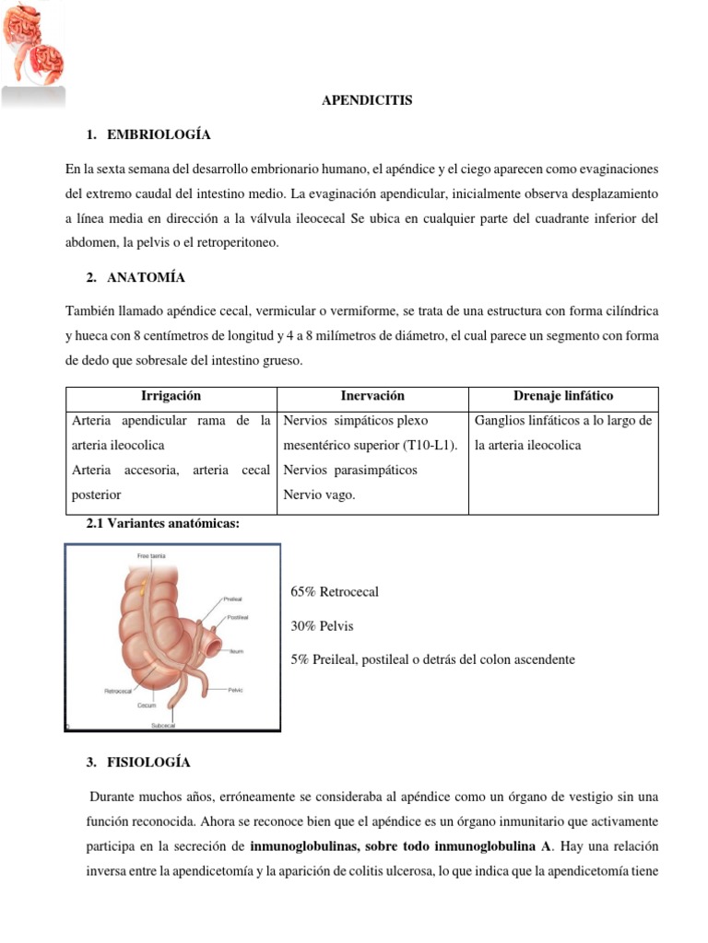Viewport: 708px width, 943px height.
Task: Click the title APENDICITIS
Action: [x=367, y=100]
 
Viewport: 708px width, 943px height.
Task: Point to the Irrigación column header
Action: [x=171, y=396]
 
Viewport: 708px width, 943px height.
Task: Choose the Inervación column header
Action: [x=372, y=396]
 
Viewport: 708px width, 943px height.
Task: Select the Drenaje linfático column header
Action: [x=562, y=396]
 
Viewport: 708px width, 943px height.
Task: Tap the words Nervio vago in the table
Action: [x=318, y=495]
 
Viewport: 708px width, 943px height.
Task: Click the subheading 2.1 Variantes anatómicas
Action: [x=162, y=523]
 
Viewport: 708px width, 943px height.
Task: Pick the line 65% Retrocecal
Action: [x=334, y=592]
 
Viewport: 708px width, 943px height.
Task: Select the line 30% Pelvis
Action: [x=321, y=626]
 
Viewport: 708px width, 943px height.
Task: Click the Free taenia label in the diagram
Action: [x=151, y=557]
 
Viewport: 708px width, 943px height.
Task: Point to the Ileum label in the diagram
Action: [x=236, y=650]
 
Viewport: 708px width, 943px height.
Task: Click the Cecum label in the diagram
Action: [x=147, y=705]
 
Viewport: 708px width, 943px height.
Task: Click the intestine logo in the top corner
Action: [x=33, y=46]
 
